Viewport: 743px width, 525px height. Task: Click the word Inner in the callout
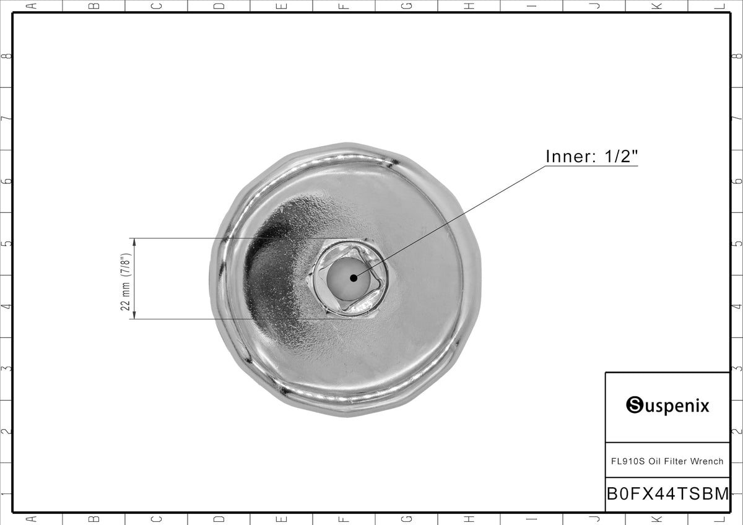(x=567, y=157)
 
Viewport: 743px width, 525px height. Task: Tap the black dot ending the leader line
(x=354, y=278)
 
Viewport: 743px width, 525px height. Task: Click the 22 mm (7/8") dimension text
(x=126, y=282)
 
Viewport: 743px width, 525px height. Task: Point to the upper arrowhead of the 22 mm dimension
(x=134, y=242)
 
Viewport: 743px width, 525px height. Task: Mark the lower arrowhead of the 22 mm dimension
(x=134, y=315)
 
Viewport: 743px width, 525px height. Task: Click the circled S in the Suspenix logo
(x=635, y=405)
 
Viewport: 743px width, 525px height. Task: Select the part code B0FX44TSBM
(x=668, y=493)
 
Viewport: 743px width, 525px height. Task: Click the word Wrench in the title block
(x=706, y=461)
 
